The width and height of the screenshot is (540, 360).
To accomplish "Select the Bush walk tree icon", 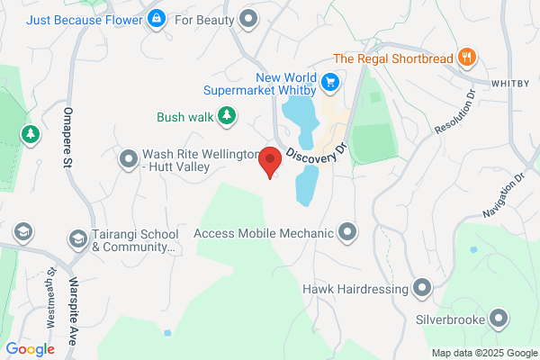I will coord(229,115).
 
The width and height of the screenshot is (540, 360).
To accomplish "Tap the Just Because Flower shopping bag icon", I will coord(157,17).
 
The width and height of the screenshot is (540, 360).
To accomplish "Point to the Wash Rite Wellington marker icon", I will coord(128,159).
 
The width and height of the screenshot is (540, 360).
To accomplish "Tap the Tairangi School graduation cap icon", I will coord(78,239).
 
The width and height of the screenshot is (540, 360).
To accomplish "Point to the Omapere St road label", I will coord(67,138).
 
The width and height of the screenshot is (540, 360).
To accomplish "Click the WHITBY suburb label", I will coord(514,83).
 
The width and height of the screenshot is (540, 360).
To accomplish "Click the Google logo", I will coord(30,349).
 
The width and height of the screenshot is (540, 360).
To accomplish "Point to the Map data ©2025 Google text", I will coord(482,352).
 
